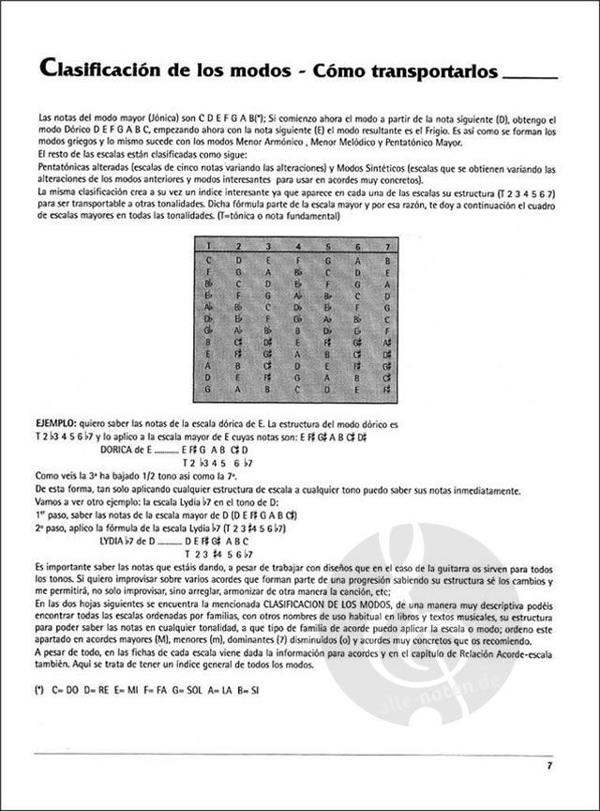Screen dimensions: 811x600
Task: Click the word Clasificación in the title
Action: point(102,70)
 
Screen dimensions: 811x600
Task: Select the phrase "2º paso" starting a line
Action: point(47,528)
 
